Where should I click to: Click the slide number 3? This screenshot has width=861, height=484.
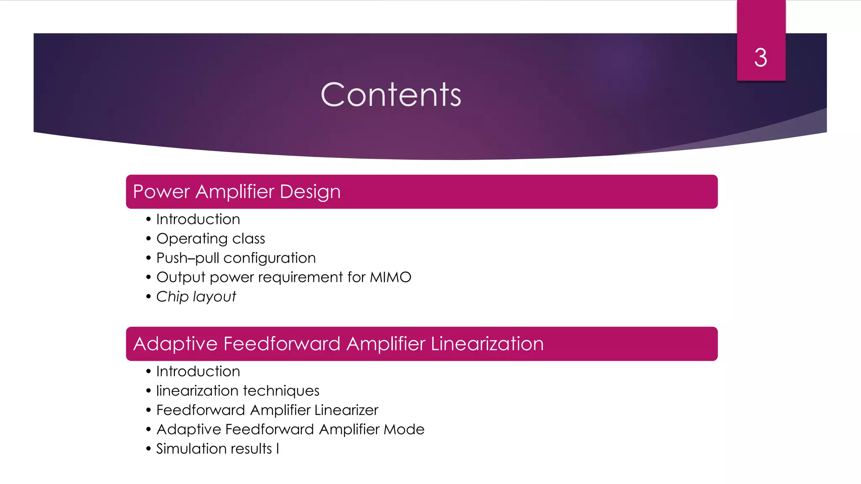click(x=761, y=58)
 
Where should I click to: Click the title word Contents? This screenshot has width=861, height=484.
click(x=391, y=95)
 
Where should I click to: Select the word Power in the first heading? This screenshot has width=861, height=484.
click(x=161, y=192)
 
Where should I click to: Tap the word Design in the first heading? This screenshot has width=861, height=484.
click(x=310, y=192)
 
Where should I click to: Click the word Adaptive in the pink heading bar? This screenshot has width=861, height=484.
click(x=175, y=344)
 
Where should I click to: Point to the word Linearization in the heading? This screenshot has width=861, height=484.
click(x=487, y=344)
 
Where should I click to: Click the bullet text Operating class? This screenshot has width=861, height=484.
click(x=211, y=239)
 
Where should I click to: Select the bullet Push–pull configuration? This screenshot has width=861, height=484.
click(x=236, y=258)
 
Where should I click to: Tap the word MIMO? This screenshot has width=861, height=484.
click(x=390, y=277)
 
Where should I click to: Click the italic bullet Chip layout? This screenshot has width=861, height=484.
click(x=196, y=297)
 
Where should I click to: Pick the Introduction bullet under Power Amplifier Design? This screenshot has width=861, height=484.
click(x=198, y=219)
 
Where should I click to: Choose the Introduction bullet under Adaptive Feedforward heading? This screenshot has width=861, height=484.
click(x=198, y=371)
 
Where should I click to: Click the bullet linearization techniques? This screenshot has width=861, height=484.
click(x=238, y=391)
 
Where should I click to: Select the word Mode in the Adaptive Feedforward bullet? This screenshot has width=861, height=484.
click(x=404, y=429)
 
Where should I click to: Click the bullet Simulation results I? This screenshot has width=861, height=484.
click(x=217, y=449)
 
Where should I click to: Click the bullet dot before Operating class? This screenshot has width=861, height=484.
click(x=148, y=239)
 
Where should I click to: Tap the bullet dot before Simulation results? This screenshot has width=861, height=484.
click(x=148, y=449)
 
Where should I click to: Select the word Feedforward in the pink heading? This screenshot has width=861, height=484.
click(x=282, y=344)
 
